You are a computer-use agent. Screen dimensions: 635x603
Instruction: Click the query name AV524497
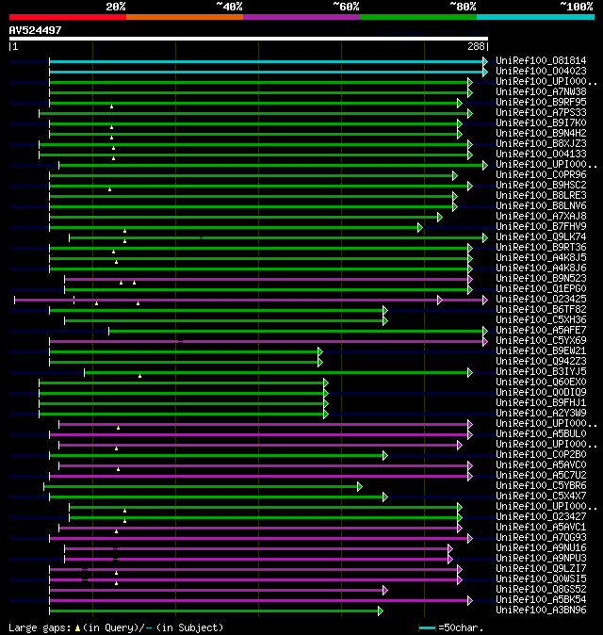coord(36,30)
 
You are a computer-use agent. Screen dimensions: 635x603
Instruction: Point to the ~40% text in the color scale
coord(229,7)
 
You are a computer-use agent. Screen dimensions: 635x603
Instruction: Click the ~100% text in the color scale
coord(577,7)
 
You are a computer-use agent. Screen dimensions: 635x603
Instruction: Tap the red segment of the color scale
coord(67,16)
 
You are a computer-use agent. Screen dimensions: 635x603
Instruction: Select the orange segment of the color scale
coord(184,16)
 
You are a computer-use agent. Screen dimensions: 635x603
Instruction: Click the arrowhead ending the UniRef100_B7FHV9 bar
coord(420,226)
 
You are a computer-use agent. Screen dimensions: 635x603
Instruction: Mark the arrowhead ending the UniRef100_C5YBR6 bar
coord(359,485)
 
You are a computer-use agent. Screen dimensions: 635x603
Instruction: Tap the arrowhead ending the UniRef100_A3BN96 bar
coord(380,610)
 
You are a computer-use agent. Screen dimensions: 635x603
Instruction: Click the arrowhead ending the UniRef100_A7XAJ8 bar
coord(439,216)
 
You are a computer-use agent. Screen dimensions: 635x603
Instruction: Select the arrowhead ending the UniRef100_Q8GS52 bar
coord(384,589)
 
